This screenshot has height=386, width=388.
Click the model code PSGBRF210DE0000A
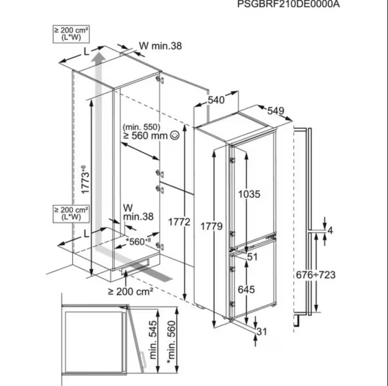tap(287, 5)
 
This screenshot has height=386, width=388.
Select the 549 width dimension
tap(275, 111)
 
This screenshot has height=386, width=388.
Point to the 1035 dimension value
tap(249, 194)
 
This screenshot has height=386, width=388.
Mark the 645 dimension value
tap(247, 290)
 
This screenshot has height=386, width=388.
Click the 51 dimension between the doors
tap(252, 256)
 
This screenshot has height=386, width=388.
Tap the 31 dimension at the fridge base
tap(260, 331)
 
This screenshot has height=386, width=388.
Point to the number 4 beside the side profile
tap(330, 231)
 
